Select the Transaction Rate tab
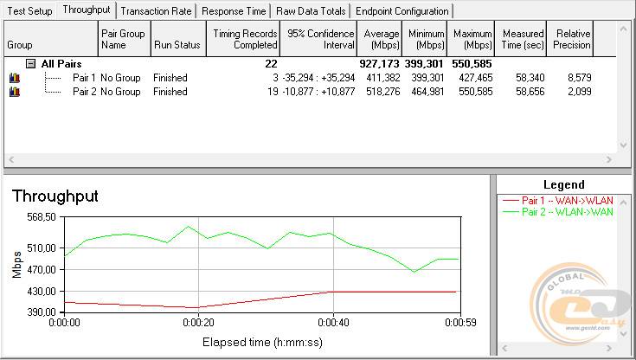156,11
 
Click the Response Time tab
234,11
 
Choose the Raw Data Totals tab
311,11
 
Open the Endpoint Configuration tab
402,11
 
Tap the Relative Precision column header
573,39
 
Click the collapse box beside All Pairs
30,64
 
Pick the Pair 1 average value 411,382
382,78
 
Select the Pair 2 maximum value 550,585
472,92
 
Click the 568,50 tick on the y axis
40,216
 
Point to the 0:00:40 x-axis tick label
333,324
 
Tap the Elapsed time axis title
263,342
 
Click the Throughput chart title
55,196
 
